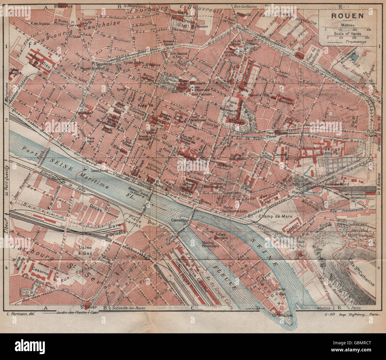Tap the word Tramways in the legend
coord(356,42)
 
